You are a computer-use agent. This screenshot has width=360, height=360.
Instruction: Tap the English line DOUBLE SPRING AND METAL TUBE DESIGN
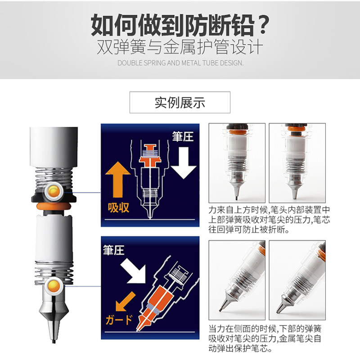(180, 63)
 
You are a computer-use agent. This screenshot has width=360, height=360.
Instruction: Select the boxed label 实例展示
(180, 103)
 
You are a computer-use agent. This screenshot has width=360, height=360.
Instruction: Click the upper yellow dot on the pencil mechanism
(54, 191)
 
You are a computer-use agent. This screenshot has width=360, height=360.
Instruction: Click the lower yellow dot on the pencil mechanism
(54, 285)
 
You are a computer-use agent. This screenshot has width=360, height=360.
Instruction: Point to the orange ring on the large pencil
(54, 206)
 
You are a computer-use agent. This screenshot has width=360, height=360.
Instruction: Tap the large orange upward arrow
(118, 179)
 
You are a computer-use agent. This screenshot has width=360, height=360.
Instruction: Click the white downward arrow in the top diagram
(184, 163)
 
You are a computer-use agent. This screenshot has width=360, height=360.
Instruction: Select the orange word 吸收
(118, 208)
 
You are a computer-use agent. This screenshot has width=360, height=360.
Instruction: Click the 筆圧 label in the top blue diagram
(183, 137)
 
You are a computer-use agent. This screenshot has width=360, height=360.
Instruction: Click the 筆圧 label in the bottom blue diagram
(114, 250)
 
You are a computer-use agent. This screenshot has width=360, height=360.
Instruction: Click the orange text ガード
(119, 319)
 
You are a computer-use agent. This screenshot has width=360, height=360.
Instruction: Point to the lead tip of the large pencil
(54, 341)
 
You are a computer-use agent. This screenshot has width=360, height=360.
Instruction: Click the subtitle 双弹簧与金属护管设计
(180, 47)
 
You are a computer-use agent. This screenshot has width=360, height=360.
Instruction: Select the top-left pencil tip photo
(237, 163)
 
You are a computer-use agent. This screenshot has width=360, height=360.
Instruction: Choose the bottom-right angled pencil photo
(297, 280)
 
